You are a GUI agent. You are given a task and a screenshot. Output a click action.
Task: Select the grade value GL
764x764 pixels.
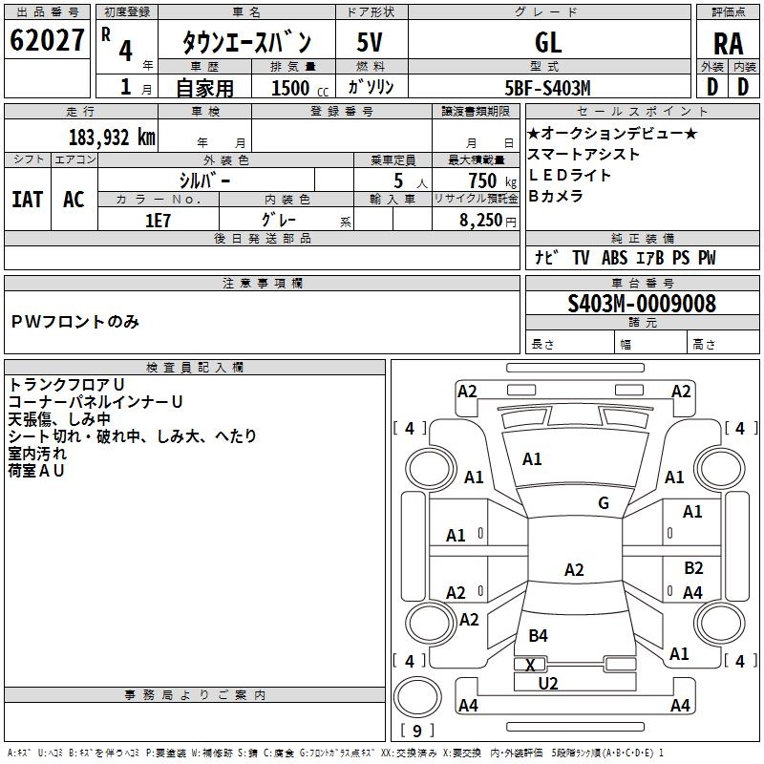(549, 41)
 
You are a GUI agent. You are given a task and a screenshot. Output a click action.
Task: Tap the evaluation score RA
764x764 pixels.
(728, 43)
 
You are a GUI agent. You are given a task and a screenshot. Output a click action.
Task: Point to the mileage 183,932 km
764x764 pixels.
(112, 137)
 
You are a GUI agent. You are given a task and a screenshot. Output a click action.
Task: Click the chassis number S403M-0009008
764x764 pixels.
(642, 304)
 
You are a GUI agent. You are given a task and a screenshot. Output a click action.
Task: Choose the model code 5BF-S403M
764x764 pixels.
(548, 88)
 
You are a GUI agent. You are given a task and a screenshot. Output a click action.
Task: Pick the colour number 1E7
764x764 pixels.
(158, 219)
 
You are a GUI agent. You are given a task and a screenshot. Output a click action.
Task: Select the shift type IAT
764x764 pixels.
(28, 199)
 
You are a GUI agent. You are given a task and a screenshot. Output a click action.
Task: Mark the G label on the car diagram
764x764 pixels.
(604, 503)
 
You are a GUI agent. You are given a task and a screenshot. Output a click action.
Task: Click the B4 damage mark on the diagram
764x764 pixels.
(538, 635)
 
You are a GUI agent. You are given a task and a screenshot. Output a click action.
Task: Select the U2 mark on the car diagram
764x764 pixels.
(548, 684)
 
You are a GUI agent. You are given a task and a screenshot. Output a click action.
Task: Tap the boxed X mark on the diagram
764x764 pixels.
(531, 665)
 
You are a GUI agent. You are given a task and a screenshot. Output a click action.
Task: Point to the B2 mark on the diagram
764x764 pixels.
(693, 567)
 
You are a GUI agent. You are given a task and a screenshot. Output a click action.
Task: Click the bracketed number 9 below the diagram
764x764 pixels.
(416, 732)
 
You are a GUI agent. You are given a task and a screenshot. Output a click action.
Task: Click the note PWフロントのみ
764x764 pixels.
(75, 322)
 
